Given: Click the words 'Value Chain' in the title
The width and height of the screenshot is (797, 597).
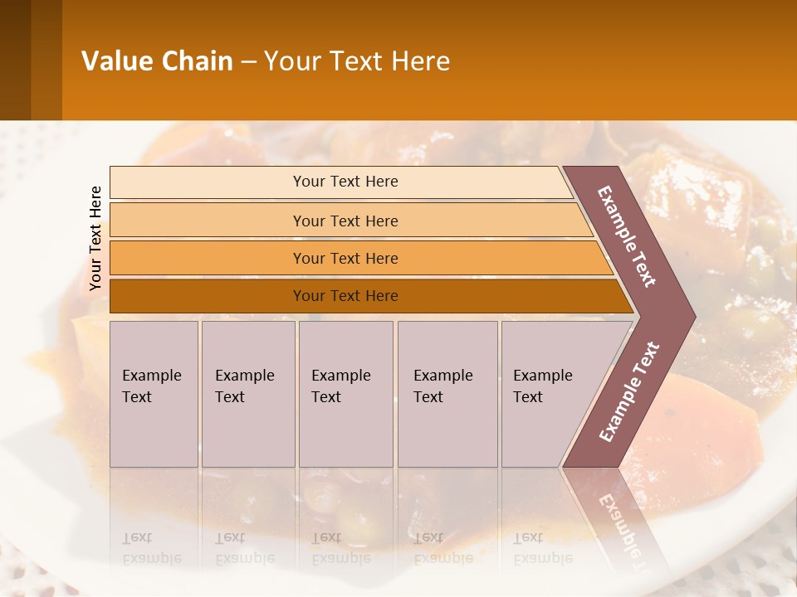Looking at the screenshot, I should [157, 61].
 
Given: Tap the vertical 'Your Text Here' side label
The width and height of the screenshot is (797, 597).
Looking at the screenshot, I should [95, 238].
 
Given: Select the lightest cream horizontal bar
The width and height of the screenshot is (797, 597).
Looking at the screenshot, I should [208, 182].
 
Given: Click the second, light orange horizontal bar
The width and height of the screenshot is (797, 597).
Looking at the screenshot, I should [208, 221].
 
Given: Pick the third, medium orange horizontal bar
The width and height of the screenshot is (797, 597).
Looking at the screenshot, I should [208, 258].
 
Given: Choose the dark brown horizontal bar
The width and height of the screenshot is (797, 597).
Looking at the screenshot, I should [208, 296].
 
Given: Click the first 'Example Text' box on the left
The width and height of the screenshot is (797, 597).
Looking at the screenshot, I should [154, 394].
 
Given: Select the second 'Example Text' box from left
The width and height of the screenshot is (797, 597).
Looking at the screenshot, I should [248, 394].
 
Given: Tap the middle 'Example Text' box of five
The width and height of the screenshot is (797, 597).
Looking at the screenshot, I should [345, 394].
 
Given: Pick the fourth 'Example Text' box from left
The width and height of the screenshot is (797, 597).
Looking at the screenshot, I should [447, 394].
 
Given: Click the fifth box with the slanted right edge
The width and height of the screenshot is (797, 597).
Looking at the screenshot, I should [548, 394].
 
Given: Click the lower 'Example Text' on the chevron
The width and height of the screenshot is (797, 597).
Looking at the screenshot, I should [629, 391].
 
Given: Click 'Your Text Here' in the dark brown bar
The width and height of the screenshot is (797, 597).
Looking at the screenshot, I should [345, 296].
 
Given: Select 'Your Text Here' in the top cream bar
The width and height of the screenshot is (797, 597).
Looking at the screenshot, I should [345, 182].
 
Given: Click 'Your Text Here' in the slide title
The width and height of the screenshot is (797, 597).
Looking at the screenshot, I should [357, 61].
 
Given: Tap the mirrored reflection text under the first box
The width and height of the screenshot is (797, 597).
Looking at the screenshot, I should [151, 547].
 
